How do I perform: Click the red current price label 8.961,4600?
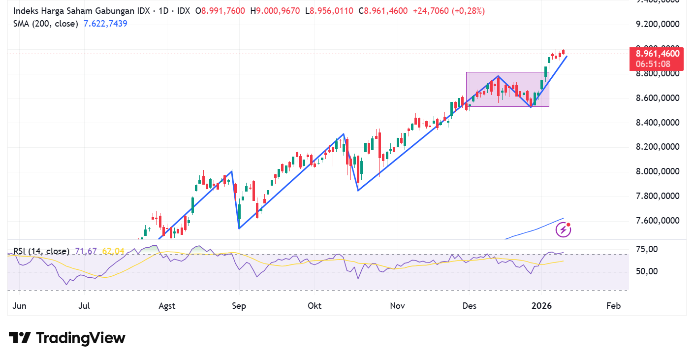pos(657,54)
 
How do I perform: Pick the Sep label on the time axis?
pos(239,306)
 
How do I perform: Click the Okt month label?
pos(314,306)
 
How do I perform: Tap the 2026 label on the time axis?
pos(541,306)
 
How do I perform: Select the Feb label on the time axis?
pos(613,306)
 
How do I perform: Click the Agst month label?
pos(167,306)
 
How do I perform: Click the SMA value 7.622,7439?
pos(105,23)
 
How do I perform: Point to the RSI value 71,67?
pos(85,251)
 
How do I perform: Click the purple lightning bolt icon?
pos(563,229)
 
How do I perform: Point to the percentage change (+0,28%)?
pos(466,10)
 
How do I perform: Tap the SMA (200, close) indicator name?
pos(45,23)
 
